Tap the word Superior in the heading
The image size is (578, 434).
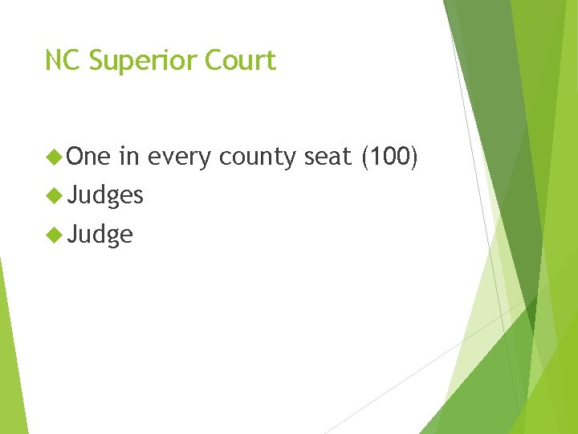[x=132, y=61]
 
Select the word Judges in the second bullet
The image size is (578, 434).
[x=106, y=195]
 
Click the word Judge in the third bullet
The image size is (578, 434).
[x=100, y=235]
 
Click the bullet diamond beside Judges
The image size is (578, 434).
[x=55, y=194]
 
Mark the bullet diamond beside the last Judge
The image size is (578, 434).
[x=55, y=234]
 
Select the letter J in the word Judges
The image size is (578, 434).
[x=72, y=194]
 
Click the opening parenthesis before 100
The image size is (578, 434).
[x=366, y=157]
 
